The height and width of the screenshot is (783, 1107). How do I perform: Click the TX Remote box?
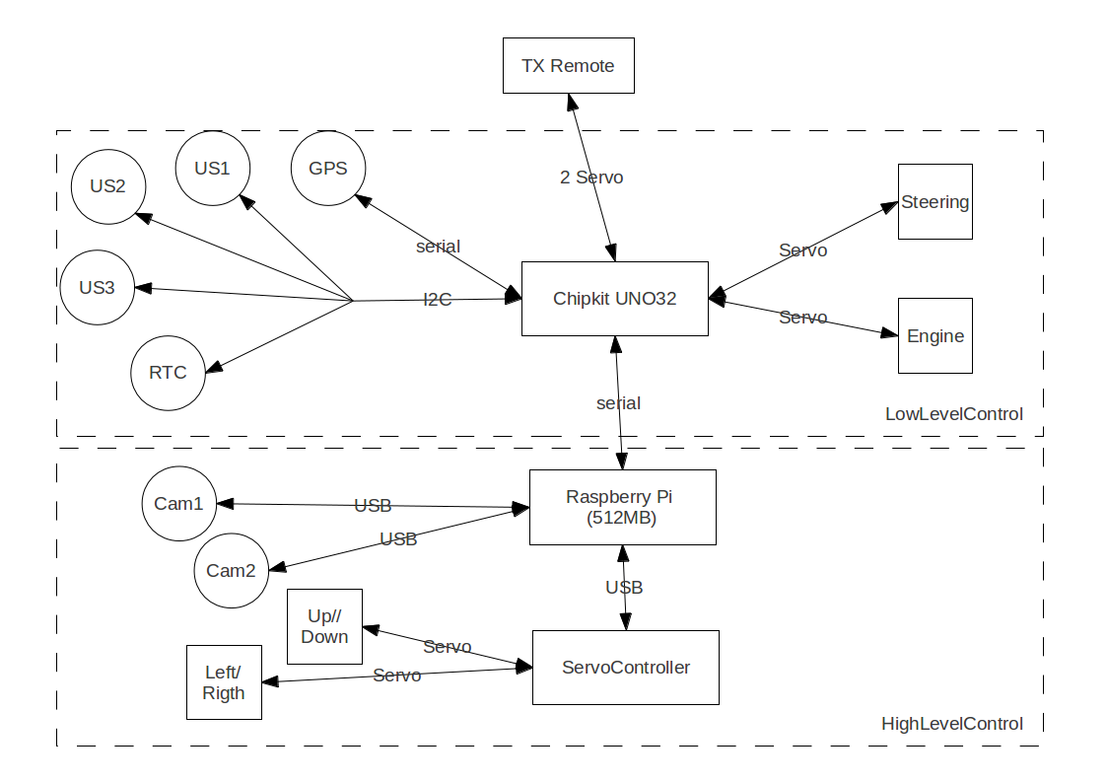point(568,66)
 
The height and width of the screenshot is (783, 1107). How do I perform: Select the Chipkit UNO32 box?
point(614,299)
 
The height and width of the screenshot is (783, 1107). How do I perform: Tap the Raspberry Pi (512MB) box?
point(622,507)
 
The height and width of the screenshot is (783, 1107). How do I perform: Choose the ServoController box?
point(625,668)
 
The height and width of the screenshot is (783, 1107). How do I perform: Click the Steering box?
point(934,202)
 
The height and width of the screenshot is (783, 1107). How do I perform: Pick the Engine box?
point(934,336)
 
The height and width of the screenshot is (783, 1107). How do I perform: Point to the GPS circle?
point(328,168)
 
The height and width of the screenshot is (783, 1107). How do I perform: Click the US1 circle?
point(212,168)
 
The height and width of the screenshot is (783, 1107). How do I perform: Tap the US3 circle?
point(98,288)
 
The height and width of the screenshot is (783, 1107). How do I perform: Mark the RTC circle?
point(169,373)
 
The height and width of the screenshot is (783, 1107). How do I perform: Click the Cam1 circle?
point(178,504)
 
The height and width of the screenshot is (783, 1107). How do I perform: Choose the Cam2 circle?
point(232,571)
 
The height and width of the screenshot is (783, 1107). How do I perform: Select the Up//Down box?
point(324,626)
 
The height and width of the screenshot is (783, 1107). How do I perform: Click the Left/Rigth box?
point(224,682)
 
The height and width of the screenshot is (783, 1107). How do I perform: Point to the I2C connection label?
point(438,300)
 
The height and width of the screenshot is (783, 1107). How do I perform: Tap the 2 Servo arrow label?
point(591,178)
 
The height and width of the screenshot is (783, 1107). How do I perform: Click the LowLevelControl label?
point(954,414)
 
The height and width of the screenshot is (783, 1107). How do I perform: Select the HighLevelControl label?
point(951,724)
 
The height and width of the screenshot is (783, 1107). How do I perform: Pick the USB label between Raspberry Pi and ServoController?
point(624,588)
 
